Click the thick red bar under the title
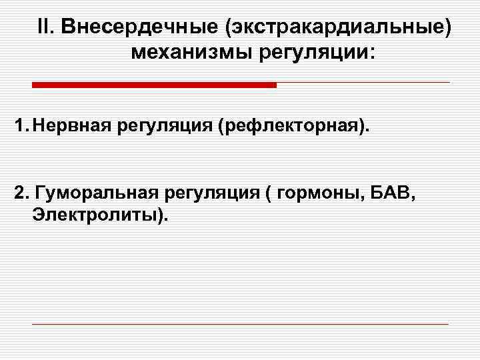point(154,85)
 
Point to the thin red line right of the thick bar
point(363,83)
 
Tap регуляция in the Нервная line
point(163,125)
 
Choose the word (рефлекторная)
point(292,125)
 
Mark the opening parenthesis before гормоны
point(269,193)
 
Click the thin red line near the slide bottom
point(240,324)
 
